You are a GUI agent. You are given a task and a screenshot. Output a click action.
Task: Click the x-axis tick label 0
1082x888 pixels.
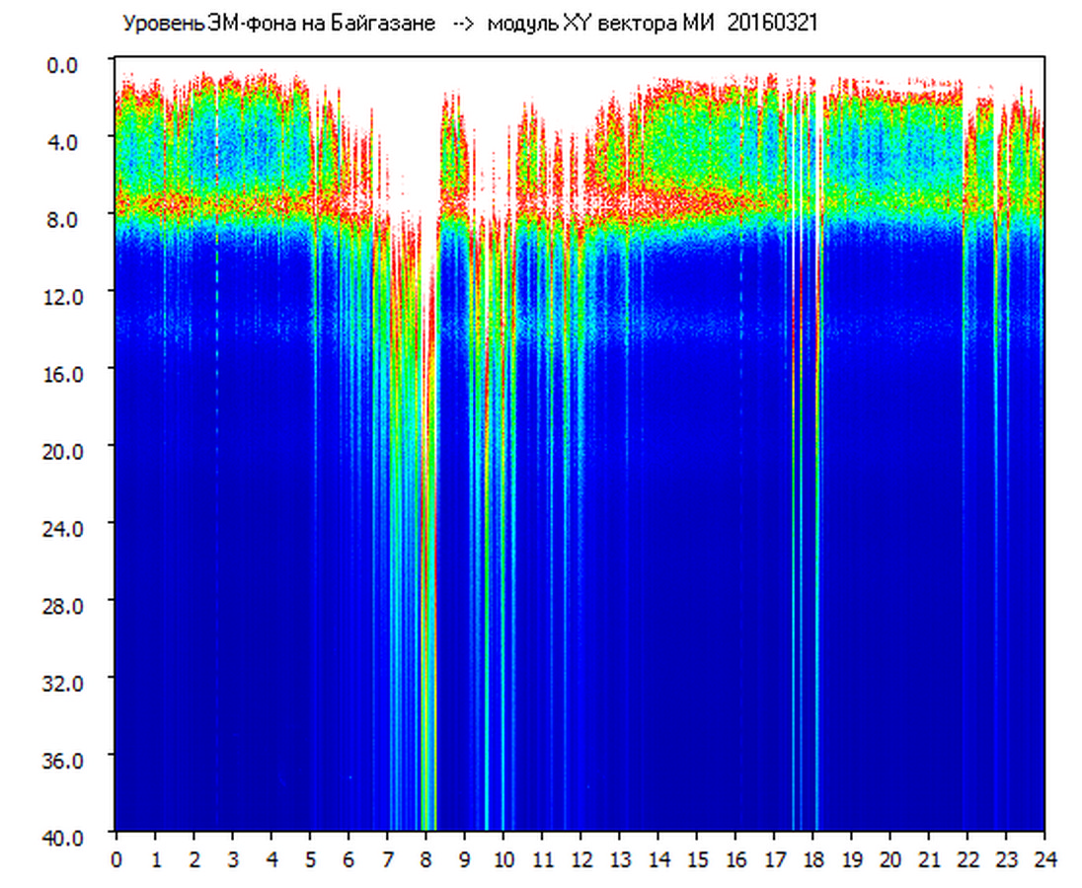pos(116,858)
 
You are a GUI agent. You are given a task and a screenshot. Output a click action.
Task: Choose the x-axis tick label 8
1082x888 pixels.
pos(425,858)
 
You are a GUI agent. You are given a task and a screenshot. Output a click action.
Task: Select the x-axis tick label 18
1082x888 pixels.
pos(813,858)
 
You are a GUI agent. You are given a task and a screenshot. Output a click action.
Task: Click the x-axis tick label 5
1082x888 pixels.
pos(310,858)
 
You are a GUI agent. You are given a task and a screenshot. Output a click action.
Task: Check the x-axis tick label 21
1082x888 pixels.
pos(929,858)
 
